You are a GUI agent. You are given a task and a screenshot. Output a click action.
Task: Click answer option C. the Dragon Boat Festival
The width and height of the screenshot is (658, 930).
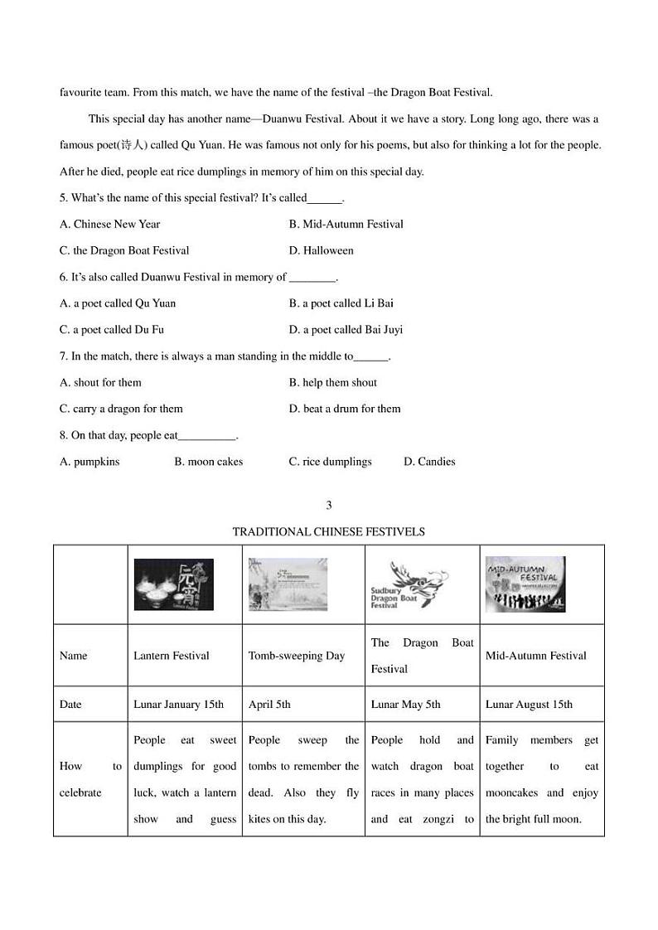pos(124,250)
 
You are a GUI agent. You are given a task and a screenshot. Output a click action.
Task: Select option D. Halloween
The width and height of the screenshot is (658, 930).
pos(321,250)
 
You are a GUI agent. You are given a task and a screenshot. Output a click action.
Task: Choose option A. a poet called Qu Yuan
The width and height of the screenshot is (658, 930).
pos(118,303)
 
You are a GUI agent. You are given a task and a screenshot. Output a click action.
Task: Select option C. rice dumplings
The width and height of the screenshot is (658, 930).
pos(330,462)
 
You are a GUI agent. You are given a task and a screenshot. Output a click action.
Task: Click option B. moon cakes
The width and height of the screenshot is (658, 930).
pos(208,462)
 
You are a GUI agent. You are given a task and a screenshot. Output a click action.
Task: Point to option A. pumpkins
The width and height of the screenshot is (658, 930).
pos(90,462)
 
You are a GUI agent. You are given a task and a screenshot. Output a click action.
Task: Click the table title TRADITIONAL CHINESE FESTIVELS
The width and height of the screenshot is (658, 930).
pos(328,531)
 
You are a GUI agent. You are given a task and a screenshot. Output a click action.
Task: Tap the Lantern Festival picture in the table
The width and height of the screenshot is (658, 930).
pos(173,584)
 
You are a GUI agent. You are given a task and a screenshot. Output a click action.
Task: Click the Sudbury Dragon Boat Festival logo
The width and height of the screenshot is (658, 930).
pos(409,585)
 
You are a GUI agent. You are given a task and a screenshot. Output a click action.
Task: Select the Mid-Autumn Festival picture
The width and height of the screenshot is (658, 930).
pos(525,584)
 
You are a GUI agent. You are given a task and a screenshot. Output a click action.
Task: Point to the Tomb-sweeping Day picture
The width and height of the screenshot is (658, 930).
pos(288,584)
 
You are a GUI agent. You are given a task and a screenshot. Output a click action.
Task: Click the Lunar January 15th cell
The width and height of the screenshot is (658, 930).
pos(178,705)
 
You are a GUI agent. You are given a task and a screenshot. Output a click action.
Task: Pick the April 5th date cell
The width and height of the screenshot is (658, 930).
pos(269,705)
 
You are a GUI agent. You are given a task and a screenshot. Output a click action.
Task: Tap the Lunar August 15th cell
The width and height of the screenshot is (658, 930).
pos(529,705)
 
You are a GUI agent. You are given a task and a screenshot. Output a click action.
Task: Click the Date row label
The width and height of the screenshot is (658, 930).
pos(70,705)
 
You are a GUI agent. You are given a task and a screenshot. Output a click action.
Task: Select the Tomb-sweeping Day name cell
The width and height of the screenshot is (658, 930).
pos(296,656)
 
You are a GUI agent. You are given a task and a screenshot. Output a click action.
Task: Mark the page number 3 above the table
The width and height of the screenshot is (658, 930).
pos(329,505)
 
